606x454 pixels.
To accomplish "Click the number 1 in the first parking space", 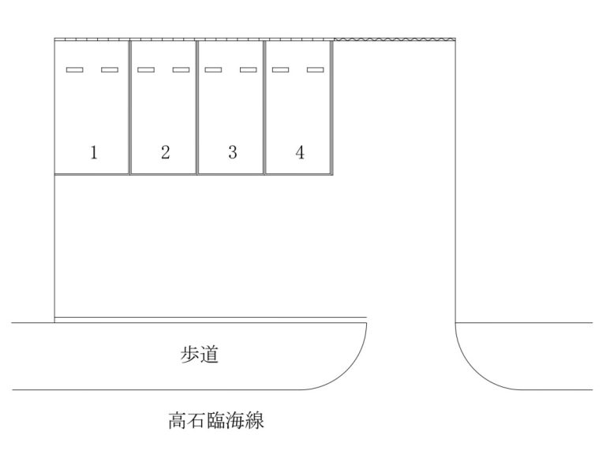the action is pyautogui.click(x=94, y=152).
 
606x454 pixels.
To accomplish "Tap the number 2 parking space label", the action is pyautogui.click(x=166, y=152).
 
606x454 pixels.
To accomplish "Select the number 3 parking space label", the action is pyautogui.click(x=233, y=152).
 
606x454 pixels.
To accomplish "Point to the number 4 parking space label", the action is pyautogui.click(x=300, y=152).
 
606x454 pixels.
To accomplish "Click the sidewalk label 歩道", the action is pyautogui.click(x=200, y=355).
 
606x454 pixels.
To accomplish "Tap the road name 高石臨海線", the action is pyautogui.click(x=216, y=420).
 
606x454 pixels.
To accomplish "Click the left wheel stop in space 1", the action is pyautogui.click(x=75, y=70).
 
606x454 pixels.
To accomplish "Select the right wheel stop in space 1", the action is pyautogui.click(x=110, y=70).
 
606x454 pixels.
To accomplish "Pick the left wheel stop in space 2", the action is pyautogui.click(x=146, y=70).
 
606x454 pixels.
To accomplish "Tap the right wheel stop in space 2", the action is pyautogui.click(x=181, y=70).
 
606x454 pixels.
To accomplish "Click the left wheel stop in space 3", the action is pyautogui.click(x=213, y=70).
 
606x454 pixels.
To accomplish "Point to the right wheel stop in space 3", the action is pyautogui.click(x=248, y=70).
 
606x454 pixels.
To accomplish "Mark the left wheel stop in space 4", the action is pyautogui.click(x=281, y=70).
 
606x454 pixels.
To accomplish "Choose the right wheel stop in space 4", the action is pyautogui.click(x=316, y=70).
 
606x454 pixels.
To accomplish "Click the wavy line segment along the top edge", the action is pyautogui.click(x=395, y=39).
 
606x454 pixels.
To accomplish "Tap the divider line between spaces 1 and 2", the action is pyautogui.click(x=130, y=107).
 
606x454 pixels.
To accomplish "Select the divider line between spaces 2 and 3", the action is pyautogui.click(x=197, y=107).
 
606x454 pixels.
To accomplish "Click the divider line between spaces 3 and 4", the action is pyautogui.click(x=264, y=107).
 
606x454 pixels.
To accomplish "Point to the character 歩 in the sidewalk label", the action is pyautogui.click(x=189, y=355).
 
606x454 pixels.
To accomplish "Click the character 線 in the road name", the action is pyautogui.click(x=255, y=420).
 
